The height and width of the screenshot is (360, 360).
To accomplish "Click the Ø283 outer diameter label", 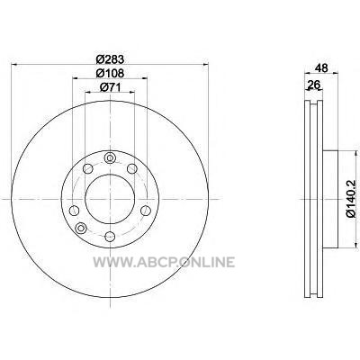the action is pyautogui.click(x=110, y=59).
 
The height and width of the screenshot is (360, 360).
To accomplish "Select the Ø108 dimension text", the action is pyautogui.click(x=110, y=73).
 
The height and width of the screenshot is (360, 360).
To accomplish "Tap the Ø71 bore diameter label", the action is pyautogui.click(x=110, y=87).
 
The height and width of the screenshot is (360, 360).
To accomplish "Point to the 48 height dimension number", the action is pyautogui.click(x=321, y=67).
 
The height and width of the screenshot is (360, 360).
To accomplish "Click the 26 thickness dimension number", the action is pyautogui.click(x=314, y=85).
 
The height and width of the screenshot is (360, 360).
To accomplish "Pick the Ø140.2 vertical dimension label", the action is pyautogui.click(x=351, y=199).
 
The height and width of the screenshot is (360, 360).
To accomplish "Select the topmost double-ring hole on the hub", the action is pyautogui.click(x=110, y=157).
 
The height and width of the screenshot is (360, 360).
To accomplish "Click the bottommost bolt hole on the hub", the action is pyautogui.click(x=110, y=237).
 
